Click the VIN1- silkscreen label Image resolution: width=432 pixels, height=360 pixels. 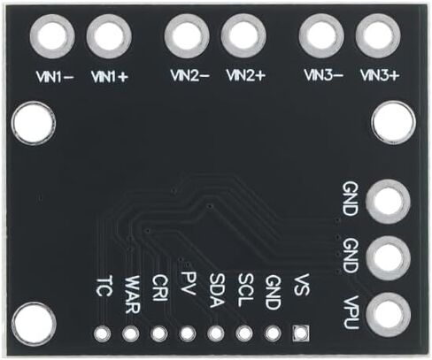tap(55, 77)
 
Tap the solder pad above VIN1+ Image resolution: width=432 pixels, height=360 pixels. tap(109, 37)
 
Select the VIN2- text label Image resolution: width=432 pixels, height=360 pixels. tap(190, 75)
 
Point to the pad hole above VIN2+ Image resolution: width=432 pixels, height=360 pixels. tap(243, 36)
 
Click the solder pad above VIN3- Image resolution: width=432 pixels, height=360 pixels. tap(321, 36)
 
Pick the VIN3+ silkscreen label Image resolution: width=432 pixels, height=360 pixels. tap(380, 75)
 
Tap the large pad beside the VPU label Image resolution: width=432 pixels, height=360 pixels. tap(389, 315)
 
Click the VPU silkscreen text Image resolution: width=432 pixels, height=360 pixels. tap(351, 312)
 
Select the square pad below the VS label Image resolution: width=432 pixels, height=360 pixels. tap(301, 333)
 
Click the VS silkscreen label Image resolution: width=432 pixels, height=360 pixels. tap(302, 284)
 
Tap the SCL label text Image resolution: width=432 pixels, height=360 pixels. tap(245, 290)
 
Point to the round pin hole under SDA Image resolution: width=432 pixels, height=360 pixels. tap(216, 333)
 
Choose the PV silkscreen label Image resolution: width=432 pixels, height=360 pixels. tap(189, 283)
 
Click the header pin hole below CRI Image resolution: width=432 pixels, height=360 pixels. tap(159, 333)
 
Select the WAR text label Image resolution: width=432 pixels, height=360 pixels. tap(132, 295)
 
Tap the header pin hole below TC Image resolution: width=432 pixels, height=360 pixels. tap(103, 333)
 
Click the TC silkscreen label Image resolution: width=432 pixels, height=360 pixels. tap(104, 286)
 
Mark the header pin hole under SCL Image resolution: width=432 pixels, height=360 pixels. tap(244, 333)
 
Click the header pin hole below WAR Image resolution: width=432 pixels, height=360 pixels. tap(131, 333)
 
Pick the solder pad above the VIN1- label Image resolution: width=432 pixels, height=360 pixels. tap(52, 37)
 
